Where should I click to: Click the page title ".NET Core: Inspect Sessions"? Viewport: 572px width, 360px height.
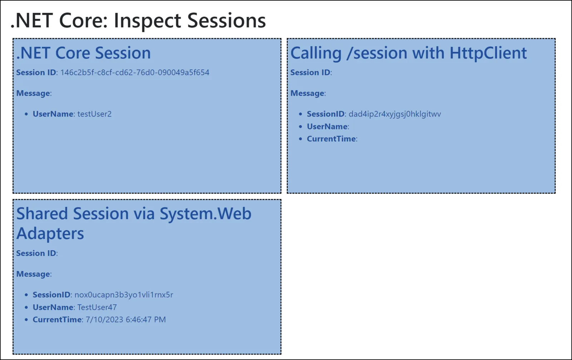pos(138,20)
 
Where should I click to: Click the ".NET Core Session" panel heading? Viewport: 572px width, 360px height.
pos(84,53)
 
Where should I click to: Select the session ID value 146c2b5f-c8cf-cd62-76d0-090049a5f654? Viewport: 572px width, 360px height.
pos(135,73)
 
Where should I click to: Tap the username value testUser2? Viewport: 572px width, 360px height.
pos(94,114)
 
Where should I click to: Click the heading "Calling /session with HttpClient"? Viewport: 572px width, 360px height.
pos(408,53)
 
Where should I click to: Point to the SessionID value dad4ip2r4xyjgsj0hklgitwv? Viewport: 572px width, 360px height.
pos(395,114)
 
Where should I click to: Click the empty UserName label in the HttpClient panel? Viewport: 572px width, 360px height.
pos(327,127)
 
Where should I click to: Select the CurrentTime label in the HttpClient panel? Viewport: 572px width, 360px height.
pos(331,139)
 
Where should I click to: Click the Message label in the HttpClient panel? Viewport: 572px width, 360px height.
pos(307,93)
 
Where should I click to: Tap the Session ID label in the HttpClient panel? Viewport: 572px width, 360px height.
pos(310,73)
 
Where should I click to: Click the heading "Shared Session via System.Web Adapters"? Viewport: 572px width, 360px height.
pos(134,214)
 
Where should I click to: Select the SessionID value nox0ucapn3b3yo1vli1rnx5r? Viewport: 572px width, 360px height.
pos(124,295)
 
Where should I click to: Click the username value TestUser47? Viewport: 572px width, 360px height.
pos(97,307)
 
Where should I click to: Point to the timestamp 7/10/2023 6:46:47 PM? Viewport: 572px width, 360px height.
pos(125,320)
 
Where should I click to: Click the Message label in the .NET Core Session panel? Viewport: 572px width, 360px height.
pos(33,93)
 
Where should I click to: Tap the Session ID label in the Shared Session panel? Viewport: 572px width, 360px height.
pos(36,253)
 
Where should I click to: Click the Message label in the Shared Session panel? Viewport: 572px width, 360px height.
pos(33,274)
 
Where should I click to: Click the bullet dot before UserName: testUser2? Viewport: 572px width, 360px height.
pos(26,114)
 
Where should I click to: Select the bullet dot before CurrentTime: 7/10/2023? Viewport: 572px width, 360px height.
pos(26,320)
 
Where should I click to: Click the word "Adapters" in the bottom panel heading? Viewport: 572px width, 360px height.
pos(50,234)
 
